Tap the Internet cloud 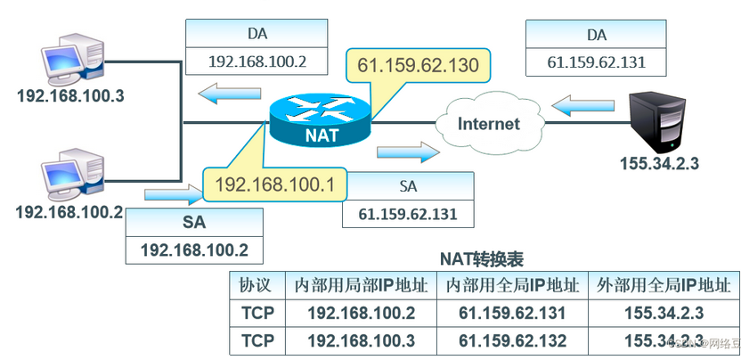pos(488,124)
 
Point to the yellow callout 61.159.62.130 pos(418,65)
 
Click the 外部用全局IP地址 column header pos(664,286)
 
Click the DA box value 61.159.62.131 pos(596,62)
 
